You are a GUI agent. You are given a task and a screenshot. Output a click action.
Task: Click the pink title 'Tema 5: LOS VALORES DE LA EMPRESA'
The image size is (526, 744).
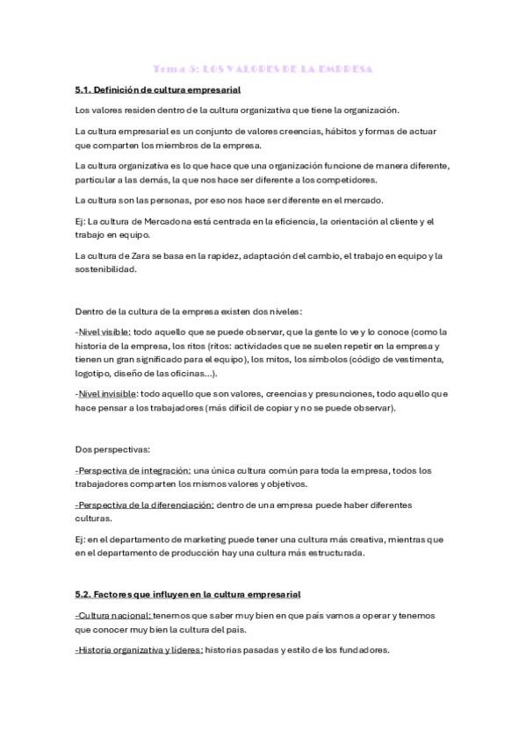[263, 68]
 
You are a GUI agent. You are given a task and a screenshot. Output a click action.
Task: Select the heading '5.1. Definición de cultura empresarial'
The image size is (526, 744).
[158, 89]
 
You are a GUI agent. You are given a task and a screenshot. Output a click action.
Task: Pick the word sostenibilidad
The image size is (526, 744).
[107, 269]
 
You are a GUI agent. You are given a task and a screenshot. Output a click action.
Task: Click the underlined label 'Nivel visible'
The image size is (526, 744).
[104, 332]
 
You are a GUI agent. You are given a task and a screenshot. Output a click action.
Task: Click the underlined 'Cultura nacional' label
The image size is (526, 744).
[114, 616]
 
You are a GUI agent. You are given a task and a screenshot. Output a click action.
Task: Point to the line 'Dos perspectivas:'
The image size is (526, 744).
[113, 449]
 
